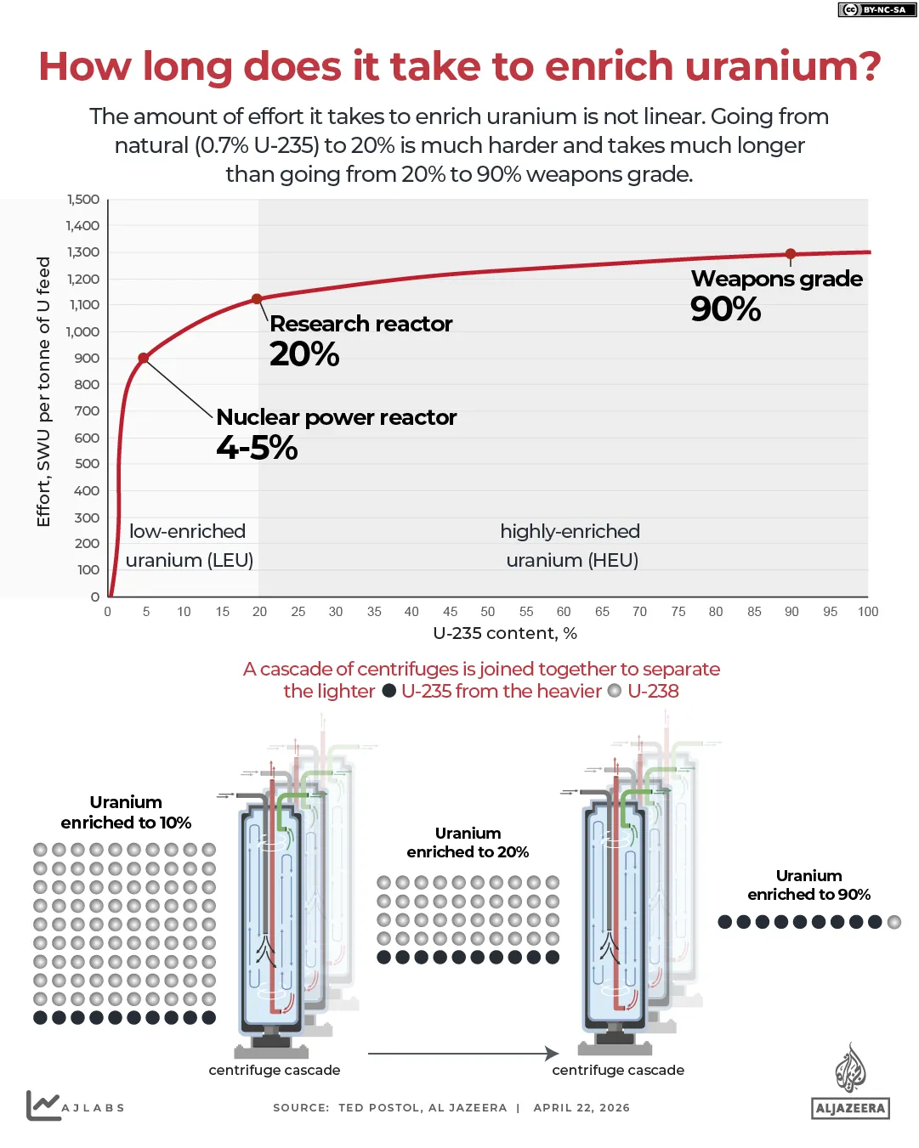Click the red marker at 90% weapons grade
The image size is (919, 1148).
coord(791,254)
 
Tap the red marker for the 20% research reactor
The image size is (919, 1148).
coord(258,299)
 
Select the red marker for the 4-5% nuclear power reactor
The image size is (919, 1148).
coord(144,359)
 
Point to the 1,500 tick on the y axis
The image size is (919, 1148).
coord(83,200)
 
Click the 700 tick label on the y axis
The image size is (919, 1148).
coord(87,411)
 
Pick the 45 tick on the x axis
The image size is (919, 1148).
coord(451,612)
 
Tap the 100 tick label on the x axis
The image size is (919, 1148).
coord(868,612)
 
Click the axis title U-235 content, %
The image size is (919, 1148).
coord(505,634)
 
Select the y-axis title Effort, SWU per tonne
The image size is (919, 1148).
coord(43,392)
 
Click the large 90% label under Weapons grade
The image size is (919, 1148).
coord(725,309)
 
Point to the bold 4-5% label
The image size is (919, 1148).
coord(257,448)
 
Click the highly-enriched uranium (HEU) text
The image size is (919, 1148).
coord(570,546)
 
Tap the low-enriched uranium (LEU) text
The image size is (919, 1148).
coord(189,546)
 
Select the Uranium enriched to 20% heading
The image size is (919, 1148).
coord(468,843)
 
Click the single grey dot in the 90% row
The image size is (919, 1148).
coord(894,922)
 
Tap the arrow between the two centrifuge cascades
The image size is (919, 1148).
coord(463,1054)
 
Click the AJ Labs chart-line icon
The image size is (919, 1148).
coord(42,1105)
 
